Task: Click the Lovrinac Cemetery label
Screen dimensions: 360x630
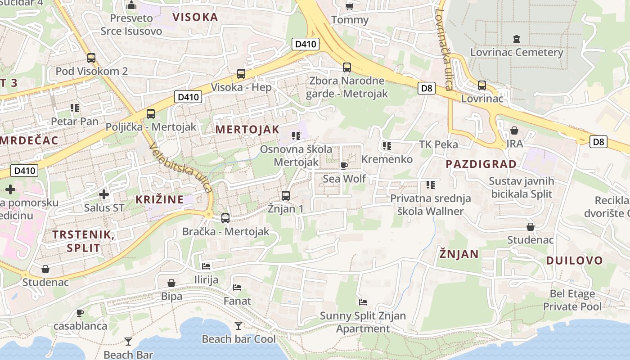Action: tap(517, 52)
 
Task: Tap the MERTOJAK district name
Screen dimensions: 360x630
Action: tap(247, 130)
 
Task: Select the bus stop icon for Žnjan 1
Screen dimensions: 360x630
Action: tap(285, 196)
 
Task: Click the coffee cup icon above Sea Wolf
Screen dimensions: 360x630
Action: tap(344, 166)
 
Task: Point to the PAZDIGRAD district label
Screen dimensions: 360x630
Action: tap(481, 164)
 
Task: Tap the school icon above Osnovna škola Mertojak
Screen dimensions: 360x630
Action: tap(296, 135)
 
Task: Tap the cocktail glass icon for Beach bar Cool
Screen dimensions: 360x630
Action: tap(238, 325)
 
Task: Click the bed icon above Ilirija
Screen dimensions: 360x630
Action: tap(206, 266)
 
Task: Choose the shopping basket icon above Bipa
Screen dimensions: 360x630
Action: tap(171, 283)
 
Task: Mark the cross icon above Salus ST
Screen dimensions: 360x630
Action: tap(104, 194)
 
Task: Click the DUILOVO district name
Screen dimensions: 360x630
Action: tap(574, 261)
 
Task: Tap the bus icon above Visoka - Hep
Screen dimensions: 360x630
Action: tap(241, 74)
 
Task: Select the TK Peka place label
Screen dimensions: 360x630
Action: tap(438, 144)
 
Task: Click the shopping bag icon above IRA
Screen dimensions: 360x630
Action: tap(514, 130)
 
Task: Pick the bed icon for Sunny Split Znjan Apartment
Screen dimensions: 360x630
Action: tap(363, 302)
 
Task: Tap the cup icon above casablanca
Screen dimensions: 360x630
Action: tap(80, 313)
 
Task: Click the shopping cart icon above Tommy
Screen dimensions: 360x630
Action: tap(349, 6)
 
